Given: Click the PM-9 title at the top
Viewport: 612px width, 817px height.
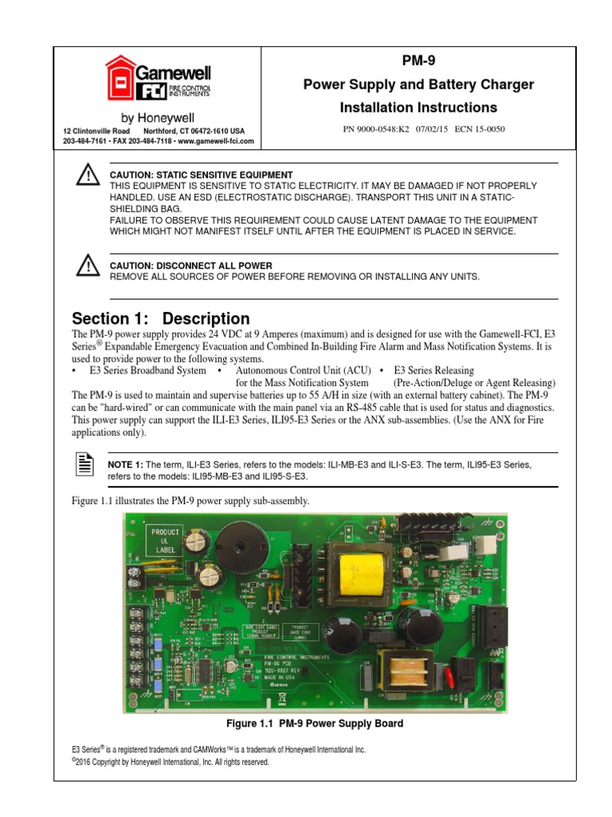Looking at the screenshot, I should pos(419,61).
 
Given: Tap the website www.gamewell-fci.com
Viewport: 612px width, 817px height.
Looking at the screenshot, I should pos(215,141).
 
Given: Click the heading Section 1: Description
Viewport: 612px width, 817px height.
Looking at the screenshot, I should pos(160,318).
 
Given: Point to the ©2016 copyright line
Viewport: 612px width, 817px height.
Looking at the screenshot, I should pos(171,762).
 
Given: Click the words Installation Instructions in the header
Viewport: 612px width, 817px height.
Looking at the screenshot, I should pos(418,108).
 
